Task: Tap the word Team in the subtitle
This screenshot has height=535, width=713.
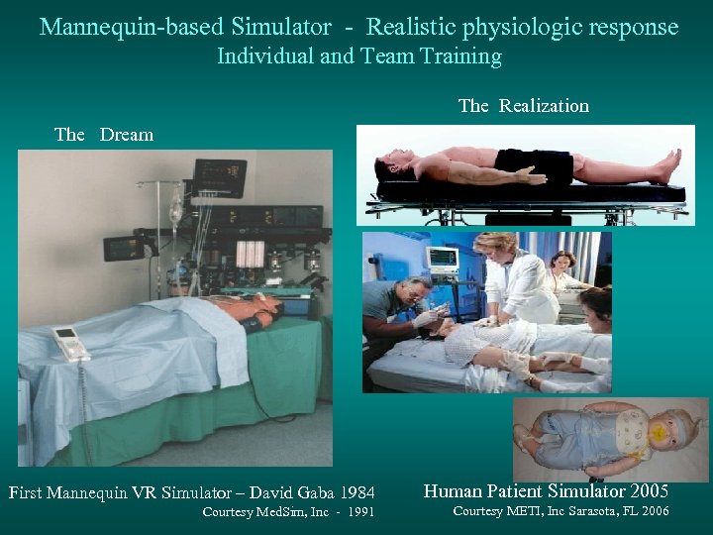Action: (x=398, y=56)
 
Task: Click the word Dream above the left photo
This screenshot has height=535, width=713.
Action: (x=126, y=135)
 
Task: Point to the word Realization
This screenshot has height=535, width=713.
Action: (x=544, y=106)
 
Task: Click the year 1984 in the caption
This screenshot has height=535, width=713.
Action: (x=354, y=491)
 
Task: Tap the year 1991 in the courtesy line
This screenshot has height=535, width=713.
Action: (x=358, y=512)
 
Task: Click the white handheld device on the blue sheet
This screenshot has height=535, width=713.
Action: (x=69, y=342)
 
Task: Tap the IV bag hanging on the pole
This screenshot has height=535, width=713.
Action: (x=175, y=209)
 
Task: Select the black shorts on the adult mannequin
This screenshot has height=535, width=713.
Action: (x=534, y=163)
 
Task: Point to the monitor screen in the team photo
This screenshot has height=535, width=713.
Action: (x=443, y=260)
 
